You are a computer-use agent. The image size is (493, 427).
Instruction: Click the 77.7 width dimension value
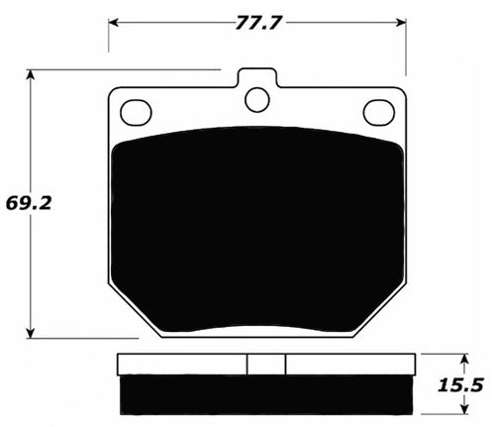click(258, 18)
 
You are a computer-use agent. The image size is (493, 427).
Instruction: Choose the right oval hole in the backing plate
click(378, 112)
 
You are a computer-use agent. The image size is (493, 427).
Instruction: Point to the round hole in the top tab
click(257, 98)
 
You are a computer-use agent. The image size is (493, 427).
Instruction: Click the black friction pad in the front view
click(256, 228)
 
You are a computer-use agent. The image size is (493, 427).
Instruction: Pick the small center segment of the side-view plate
click(265, 365)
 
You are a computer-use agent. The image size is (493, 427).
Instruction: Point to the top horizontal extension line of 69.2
click(119, 69)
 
